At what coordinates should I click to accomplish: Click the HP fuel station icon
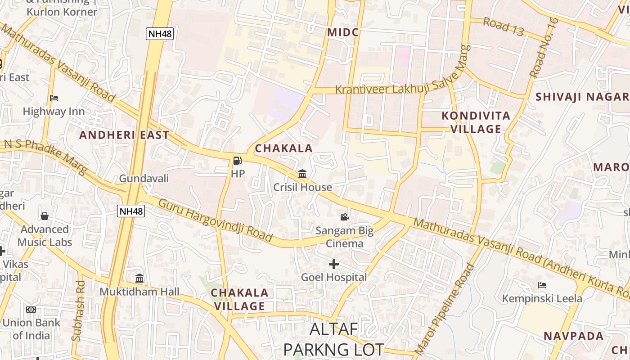pos(237,160)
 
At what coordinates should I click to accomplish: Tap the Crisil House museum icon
pos(302,174)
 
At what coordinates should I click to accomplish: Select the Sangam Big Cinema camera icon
pos(344,217)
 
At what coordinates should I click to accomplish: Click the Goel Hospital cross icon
pos(333,264)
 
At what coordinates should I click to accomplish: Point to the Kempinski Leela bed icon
pos(542,285)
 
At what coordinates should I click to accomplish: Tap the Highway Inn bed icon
pos(54,98)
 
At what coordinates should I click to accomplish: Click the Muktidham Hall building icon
pos(139,278)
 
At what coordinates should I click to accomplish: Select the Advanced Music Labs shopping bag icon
pos(45,216)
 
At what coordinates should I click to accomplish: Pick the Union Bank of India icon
pos(31,310)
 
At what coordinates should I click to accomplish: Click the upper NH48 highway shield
pos(159,33)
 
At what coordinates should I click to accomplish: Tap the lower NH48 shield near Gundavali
pos(131,211)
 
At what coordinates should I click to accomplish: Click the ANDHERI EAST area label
pos(124,135)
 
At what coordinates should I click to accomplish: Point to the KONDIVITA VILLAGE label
pos(476,122)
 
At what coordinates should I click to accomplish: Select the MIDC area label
pos(343,32)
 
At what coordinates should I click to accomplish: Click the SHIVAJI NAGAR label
pos(581,97)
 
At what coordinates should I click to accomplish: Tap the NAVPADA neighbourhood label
pos(573,336)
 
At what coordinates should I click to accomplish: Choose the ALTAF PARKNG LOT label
pos(333,339)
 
